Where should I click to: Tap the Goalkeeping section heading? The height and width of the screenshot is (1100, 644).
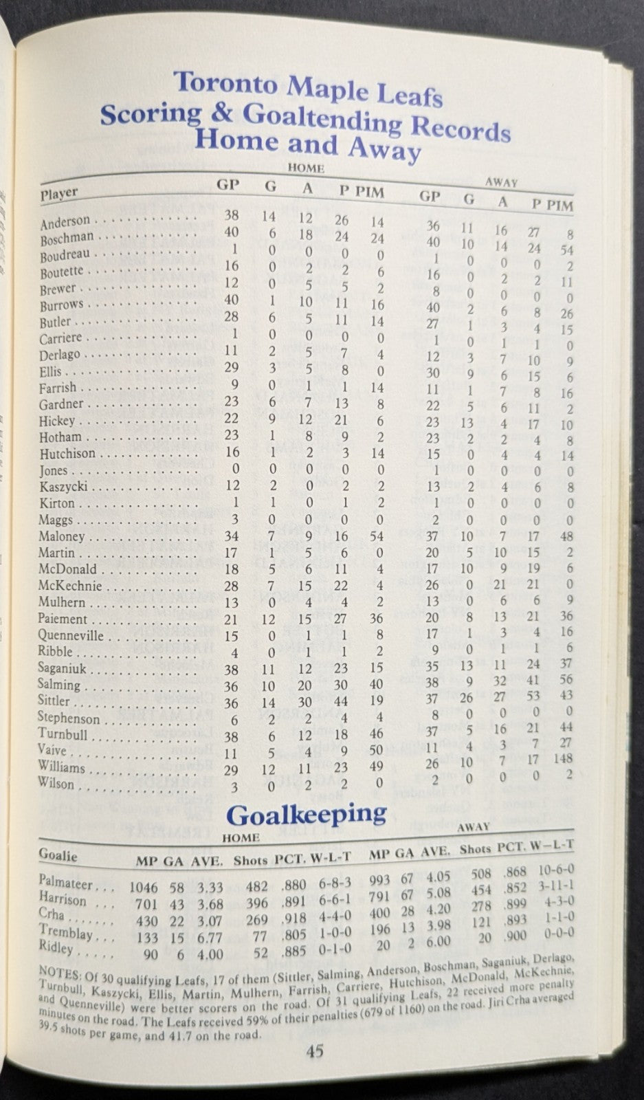click(306, 815)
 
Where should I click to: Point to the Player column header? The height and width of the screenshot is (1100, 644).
click(59, 193)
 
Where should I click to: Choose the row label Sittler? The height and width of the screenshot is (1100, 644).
click(55, 701)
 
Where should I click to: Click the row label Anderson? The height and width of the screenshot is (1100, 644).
click(65, 222)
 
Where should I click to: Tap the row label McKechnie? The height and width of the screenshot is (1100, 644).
click(70, 586)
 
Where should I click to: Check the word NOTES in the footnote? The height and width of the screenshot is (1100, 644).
click(56, 969)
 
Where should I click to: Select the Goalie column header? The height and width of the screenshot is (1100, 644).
click(58, 855)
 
